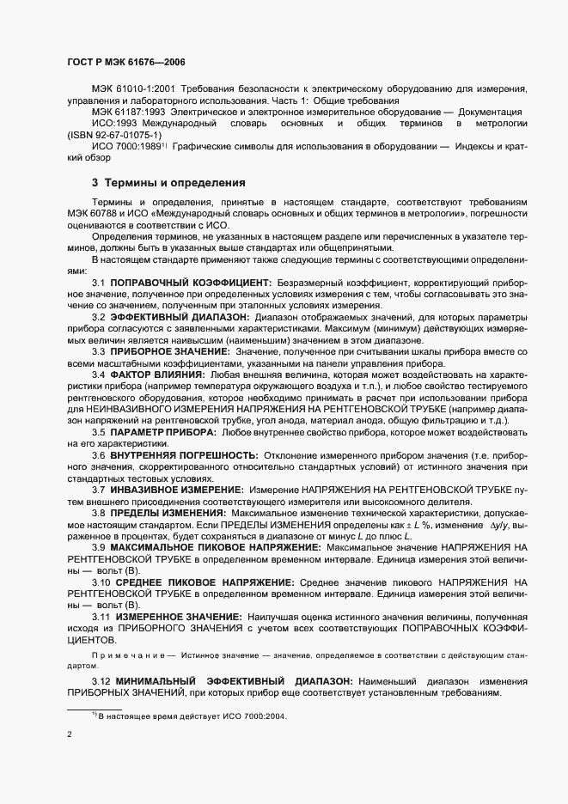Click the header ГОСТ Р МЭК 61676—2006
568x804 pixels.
(125, 63)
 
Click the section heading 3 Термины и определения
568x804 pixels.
(168, 183)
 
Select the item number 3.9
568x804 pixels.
(99, 547)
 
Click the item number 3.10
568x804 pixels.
(101, 582)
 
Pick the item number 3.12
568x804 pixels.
(101, 681)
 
